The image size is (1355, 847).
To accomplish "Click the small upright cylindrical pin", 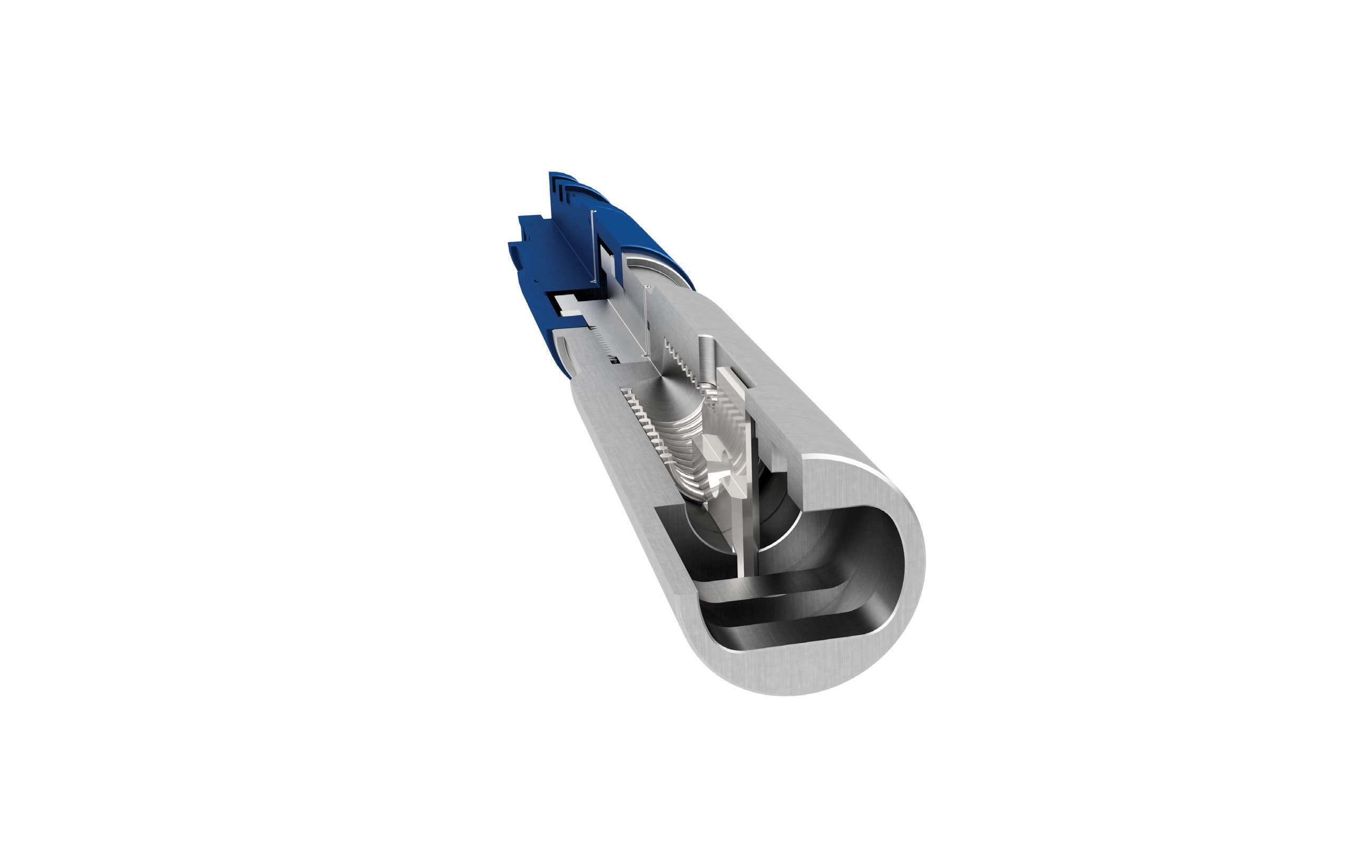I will click(707, 358).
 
